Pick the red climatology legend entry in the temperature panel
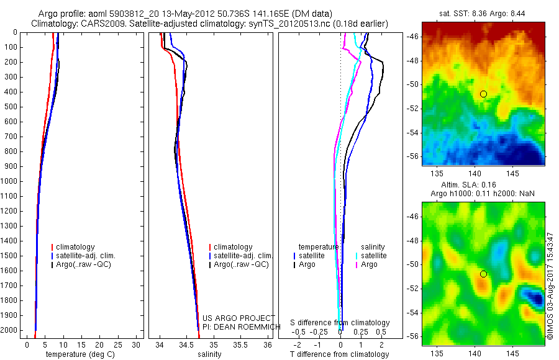click(x=76, y=247)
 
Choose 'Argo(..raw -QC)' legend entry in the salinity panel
click(x=240, y=264)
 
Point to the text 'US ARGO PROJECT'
click(x=239, y=318)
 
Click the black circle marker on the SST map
click(x=483, y=94)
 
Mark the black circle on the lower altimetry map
click(x=483, y=274)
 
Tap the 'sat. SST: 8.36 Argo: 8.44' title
click(x=483, y=14)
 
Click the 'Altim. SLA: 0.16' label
click(x=483, y=185)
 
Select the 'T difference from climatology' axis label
click(x=339, y=354)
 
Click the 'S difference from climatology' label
click(x=340, y=323)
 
